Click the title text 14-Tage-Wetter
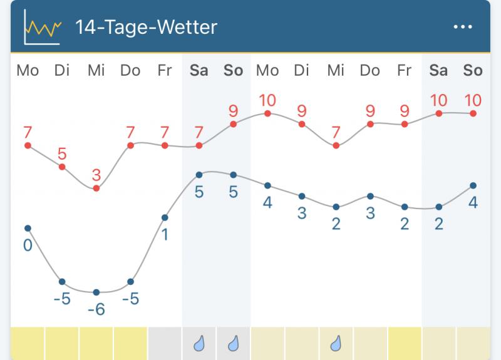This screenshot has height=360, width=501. pos(146,27)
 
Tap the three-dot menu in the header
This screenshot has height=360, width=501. pos(463,27)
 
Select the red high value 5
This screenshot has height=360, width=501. pos(62,154)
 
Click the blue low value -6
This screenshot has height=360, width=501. pos(96,309)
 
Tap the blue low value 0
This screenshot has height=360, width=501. pos(28,245)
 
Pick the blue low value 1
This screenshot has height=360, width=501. pos(165,235)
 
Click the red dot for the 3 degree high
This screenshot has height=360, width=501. pos(96,188)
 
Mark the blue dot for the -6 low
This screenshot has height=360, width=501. pos(96,292)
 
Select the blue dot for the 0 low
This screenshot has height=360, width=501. pos(28,228)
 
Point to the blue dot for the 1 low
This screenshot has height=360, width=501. pos(165,218)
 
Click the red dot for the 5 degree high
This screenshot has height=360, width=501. pos(62,167)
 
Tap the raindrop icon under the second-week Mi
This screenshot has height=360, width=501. pos(336,343)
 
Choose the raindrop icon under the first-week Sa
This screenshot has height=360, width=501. pos(199,343)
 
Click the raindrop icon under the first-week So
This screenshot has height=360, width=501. pos(233,343)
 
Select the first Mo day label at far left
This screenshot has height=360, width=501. pos(28,70)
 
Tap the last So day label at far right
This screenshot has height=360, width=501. pos(473,70)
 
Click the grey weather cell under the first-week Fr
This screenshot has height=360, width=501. pos(165,343)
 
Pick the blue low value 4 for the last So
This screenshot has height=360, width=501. pos(473,203)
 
